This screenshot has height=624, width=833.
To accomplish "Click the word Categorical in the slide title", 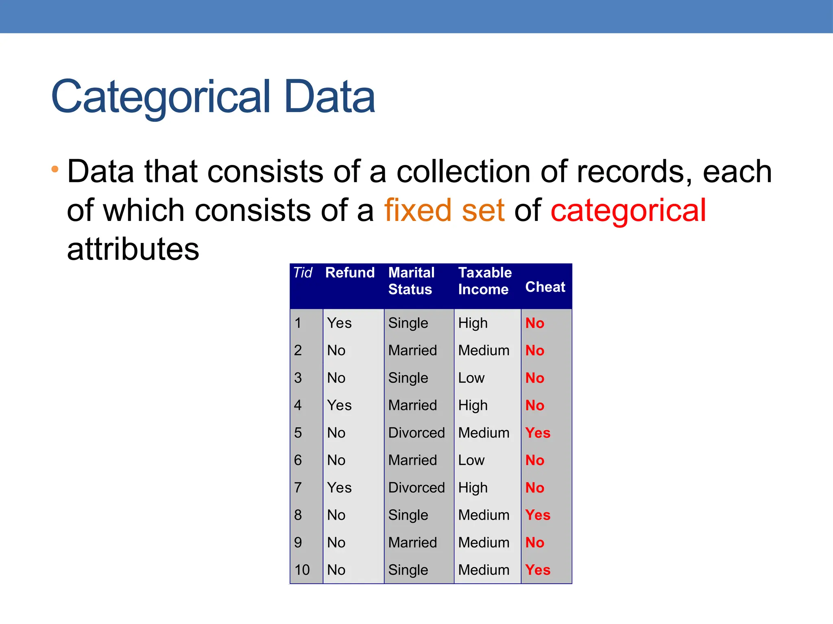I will click(161, 97).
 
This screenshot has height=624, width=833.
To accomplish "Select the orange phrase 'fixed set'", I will click(444, 210).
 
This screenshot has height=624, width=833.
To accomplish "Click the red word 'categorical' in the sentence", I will click(628, 210).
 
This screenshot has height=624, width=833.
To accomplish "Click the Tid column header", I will click(303, 273).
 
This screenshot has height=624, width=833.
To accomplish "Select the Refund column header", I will click(350, 273).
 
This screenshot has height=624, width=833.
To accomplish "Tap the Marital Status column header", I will click(411, 281).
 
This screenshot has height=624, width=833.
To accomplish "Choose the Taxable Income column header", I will click(484, 281).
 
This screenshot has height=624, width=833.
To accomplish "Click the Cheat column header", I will click(545, 287).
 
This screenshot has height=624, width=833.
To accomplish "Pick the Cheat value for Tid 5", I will click(538, 433).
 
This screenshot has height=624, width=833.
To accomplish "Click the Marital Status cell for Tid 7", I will click(416, 487).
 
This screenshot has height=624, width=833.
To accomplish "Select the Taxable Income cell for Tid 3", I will click(471, 378).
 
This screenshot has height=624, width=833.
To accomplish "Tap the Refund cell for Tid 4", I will click(339, 405).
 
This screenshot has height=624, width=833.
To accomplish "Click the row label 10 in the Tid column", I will click(302, 570).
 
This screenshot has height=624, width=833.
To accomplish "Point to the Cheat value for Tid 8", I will click(538, 515).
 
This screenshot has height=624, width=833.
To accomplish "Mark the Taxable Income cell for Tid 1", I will click(473, 323).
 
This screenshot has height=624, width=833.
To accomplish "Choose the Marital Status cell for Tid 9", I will click(412, 542).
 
